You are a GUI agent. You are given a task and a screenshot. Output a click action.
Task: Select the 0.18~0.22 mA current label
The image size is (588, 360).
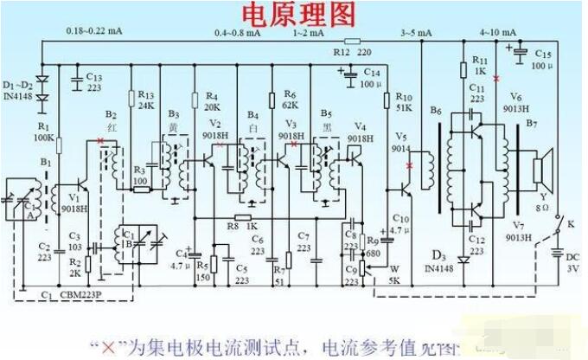pyautogui.click(x=94, y=32)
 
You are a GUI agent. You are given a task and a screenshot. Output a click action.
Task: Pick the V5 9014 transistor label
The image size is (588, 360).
pyautogui.click(x=400, y=143)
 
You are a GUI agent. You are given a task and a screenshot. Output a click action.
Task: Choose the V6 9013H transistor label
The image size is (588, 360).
pyautogui.click(x=519, y=101)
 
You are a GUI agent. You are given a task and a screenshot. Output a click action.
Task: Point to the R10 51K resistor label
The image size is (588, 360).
pyautogui.click(x=403, y=102)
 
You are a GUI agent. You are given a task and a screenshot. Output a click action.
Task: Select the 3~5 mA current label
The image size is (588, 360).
pyautogui.click(x=413, y=32)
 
